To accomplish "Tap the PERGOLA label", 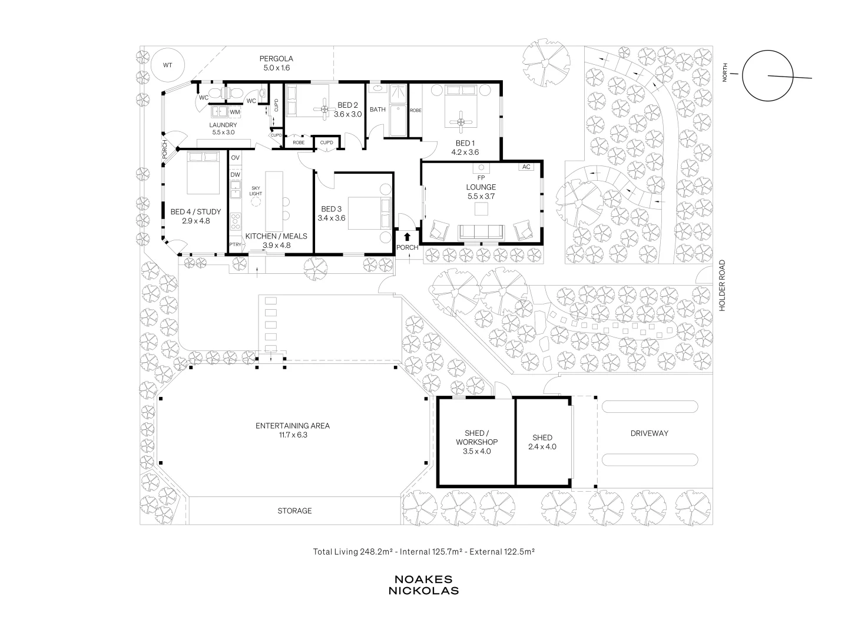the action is (x=276, y=59).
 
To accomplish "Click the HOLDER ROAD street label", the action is (x=723, y=286).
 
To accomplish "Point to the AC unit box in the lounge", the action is (x=526, y=167).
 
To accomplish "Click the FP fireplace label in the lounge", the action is (x=481, y=178).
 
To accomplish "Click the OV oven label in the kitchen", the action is (x=236, y=158).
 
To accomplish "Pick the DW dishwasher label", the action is (x=236, y=174).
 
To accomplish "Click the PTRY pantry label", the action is (x=236, y=244).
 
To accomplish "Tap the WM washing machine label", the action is (x=235, y=112).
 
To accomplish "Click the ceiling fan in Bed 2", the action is (x=325, y=110).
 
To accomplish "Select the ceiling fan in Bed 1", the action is (x=461, y=122).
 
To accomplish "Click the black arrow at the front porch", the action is (x=407, y=237).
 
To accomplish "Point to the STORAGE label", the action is (x=294, y=511).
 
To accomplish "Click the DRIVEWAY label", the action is (x=649, y=433).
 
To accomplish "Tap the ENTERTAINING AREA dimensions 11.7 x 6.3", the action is (x=293, y=435).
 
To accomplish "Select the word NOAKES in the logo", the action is (x=423, y=579).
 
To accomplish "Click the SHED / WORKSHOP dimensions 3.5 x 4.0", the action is (x=477, y=451).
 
